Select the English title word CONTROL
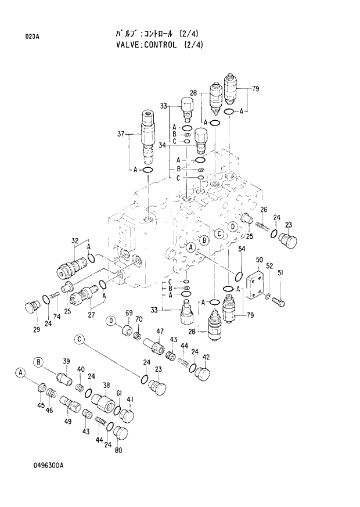point(155,45)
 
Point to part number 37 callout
point(121,134)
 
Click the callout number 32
point(75,241)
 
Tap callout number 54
point(242,249)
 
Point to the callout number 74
point(57,317)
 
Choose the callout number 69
point(129,314)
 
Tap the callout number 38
point(106,385)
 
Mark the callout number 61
point(118,394)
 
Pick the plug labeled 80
point(122,434)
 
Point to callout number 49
point(68,421)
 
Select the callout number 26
point(263,210)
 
